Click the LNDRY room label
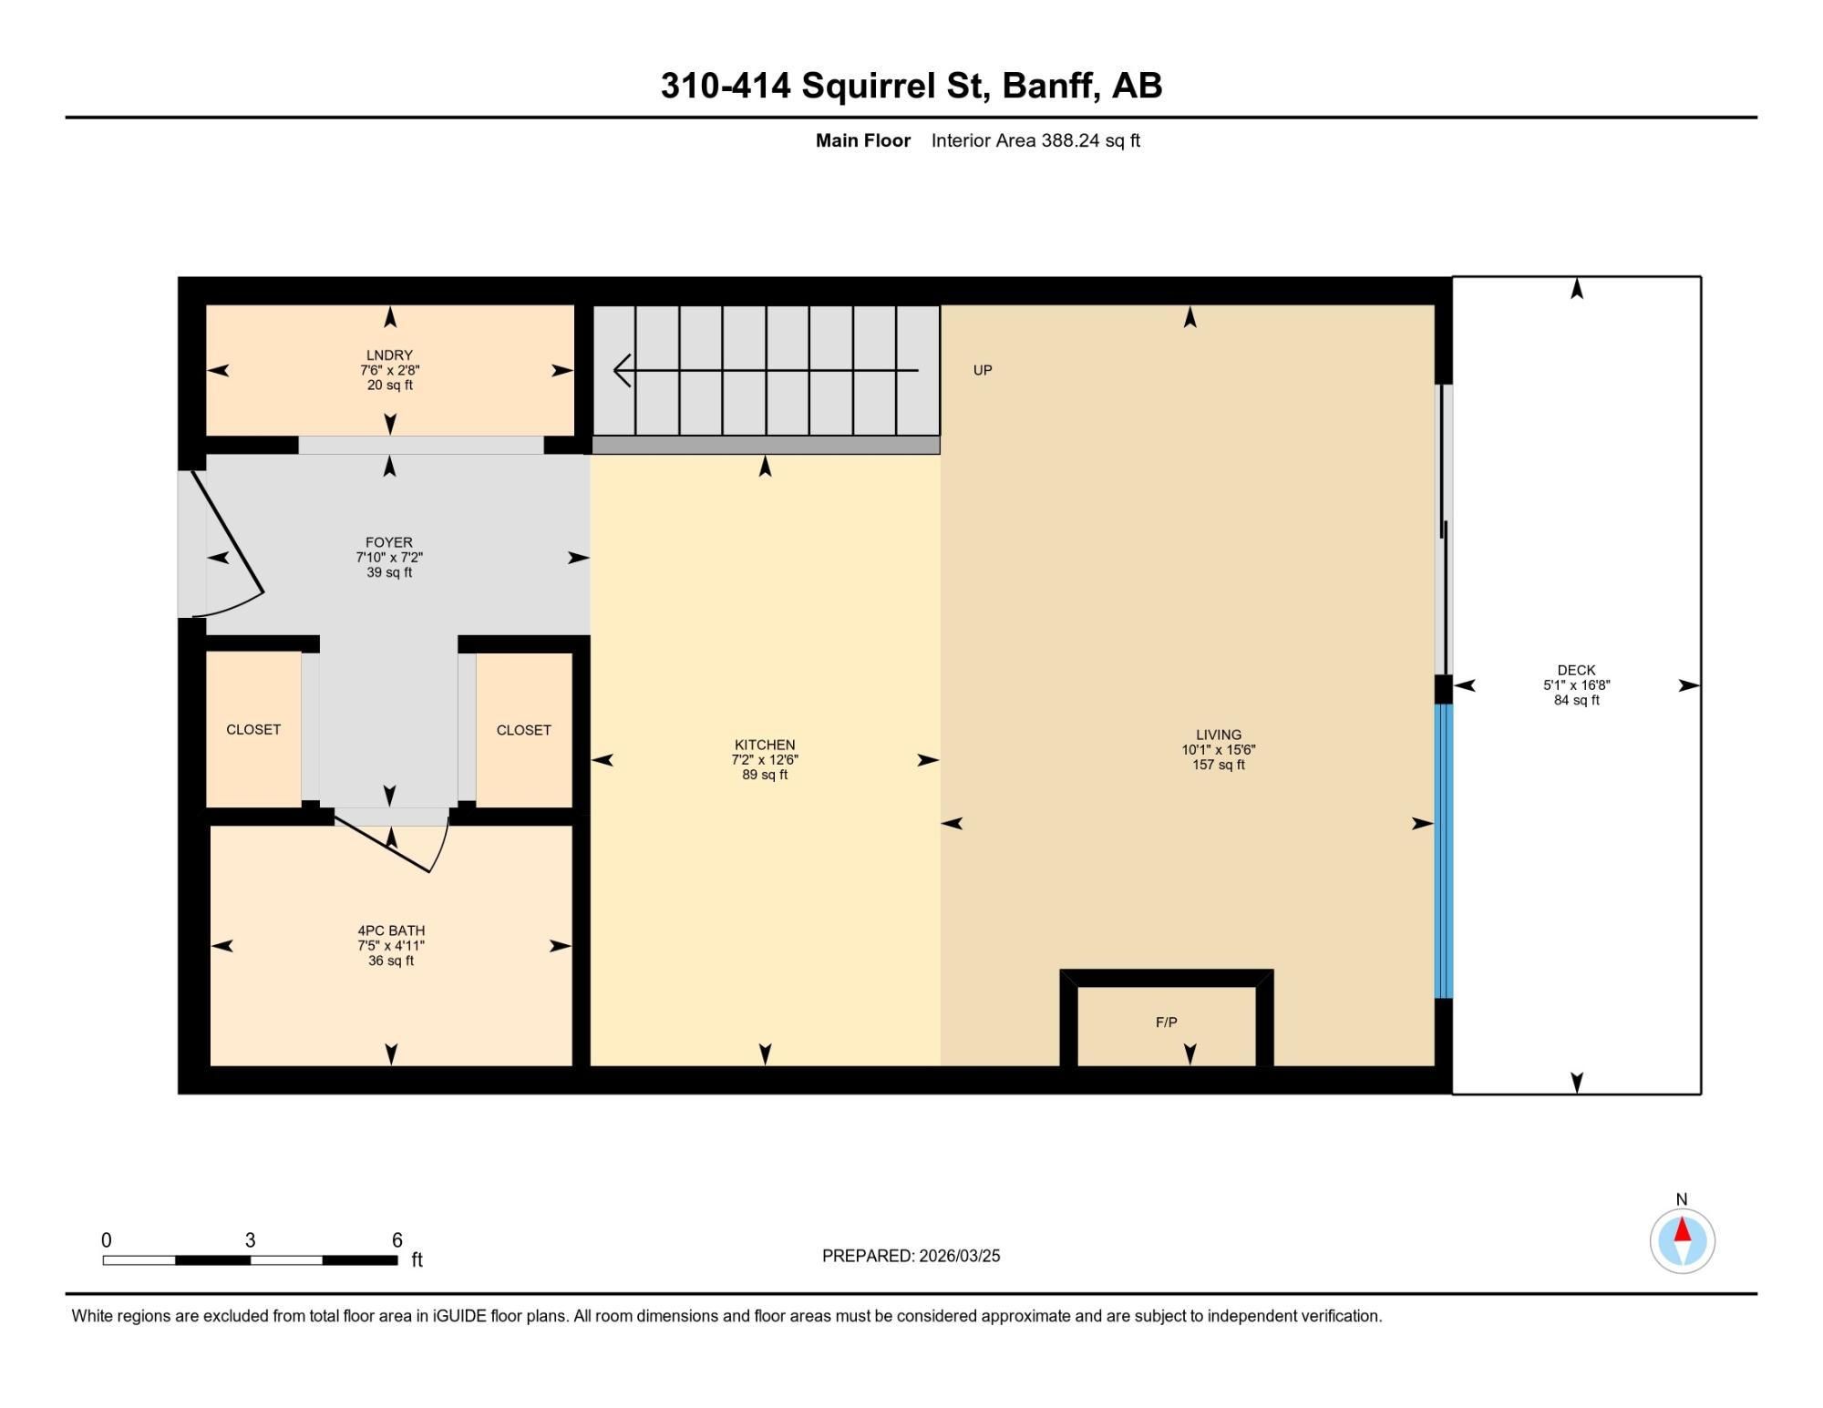coord(389,355)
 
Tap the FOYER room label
coord(389,542)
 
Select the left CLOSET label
coord(253,730)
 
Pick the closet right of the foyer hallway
coord(524,730)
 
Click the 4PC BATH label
coord(391,930)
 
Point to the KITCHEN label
coord(765,745)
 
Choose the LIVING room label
coord(1219,735)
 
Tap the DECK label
coord(1576,670)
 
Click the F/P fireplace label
coord(1166,1023)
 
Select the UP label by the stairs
coord(983,370)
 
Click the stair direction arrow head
coord(622,371)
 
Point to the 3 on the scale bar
coord(251,1240)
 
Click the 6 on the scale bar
coord(397,1240)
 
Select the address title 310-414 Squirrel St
coord(911,86)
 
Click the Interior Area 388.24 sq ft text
coord(1035,140)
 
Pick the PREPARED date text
coord(911,1256)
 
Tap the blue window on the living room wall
coord(1444,851)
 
